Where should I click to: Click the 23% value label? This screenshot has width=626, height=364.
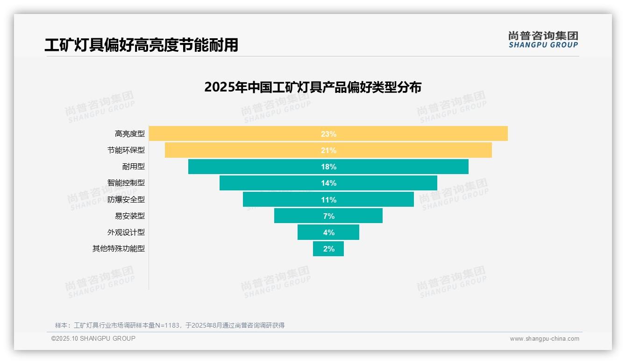328,134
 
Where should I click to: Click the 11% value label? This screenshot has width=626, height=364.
328,200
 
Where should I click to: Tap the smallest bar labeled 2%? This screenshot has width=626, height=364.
328,249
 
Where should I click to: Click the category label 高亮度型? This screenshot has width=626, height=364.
130,134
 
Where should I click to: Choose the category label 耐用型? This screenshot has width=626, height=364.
134,167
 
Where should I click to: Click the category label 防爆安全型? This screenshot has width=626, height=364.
126,199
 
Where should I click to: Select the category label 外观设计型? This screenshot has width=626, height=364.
126,232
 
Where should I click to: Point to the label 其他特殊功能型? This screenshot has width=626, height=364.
119,249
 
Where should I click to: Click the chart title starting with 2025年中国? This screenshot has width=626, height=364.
313,87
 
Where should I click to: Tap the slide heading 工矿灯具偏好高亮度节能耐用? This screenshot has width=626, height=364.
141,45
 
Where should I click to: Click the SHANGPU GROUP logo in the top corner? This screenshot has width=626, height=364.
543,40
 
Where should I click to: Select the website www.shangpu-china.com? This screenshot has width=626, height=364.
544,339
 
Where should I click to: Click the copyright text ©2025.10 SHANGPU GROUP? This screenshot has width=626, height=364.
93,338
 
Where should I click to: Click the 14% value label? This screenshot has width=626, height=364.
328,183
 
